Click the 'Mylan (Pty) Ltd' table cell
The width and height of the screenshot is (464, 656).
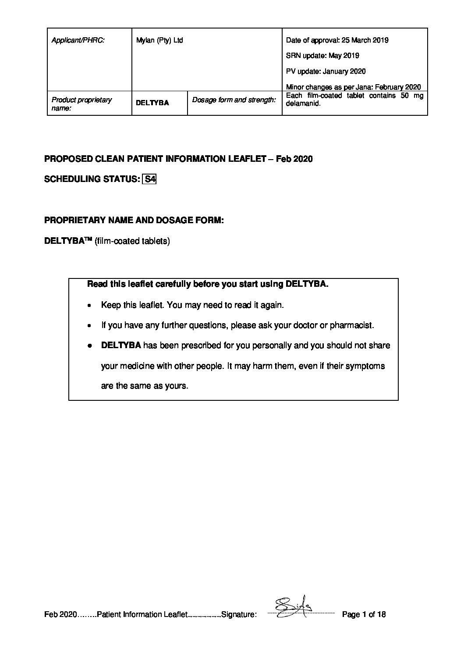[x=159, y=40]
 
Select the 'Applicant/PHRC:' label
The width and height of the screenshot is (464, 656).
[x=78, y=40]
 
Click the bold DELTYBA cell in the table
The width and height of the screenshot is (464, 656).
[x=152, y=103]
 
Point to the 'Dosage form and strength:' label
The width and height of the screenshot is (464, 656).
[x=234, y=100]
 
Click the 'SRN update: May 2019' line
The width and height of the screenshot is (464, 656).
[x=322, y=56]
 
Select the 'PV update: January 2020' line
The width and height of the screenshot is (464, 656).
[x=326, y=71]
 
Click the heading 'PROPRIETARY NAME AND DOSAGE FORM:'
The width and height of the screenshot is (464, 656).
[x=134, y=221]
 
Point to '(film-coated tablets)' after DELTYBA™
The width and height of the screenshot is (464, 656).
[x=132, y=241]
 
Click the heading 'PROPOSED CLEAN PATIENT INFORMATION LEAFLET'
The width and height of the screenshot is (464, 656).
[x=155, y=159]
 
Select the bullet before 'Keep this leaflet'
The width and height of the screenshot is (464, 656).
[x=89, y=306]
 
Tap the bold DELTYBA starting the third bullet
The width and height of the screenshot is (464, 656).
[x=121, y=346]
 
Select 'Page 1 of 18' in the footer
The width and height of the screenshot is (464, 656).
[x=364, y=614]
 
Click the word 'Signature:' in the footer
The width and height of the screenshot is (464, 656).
[x=239, y=615]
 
